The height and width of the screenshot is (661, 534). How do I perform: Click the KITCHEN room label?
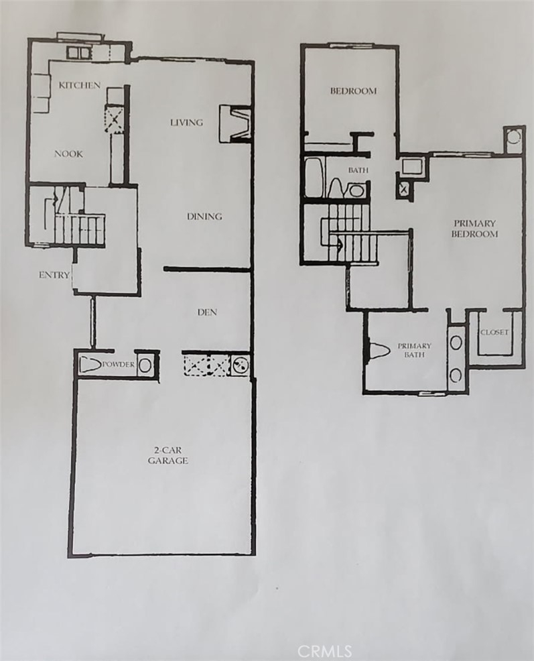(x=80, y=85)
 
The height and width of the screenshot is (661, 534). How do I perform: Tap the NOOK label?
(x=69, y=154)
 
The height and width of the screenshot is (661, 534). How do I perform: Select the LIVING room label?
(x=186, y=122)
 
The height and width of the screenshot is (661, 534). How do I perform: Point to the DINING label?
(x=204, y=217)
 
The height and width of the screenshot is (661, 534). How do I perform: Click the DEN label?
(x=207, y=312)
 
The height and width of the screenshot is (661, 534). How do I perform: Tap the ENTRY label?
(x=54, y=275)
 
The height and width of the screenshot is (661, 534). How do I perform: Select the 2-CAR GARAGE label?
(x=168, y=455)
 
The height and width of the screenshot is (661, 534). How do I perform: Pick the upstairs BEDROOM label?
(x=353, y=91)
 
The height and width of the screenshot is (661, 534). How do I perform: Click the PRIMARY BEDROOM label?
(x=474, y=229)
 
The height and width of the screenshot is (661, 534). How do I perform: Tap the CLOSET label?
(x=494, y=332)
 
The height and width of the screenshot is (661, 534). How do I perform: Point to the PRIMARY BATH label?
(x=415, y=350)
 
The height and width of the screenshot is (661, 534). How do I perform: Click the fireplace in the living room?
(x=236, y=123)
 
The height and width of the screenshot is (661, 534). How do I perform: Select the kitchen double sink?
(x=79, y=53)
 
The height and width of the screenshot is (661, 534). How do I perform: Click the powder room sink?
(x=144, y=364)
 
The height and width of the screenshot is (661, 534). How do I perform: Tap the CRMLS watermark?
(x=324, y=651)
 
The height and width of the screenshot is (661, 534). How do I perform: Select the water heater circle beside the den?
(x=241, y=365)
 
